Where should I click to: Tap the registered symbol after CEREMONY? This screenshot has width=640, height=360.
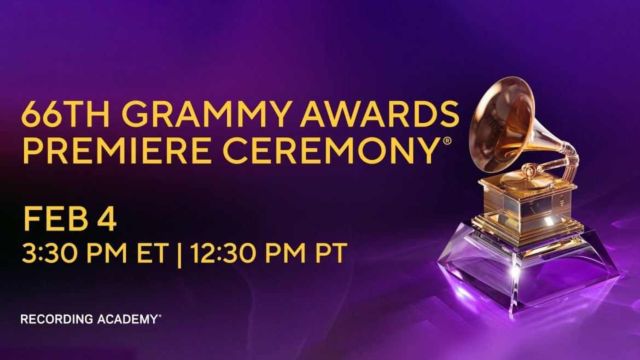[x=447, y=141]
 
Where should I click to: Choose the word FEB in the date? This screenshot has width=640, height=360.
[x=56, y=219]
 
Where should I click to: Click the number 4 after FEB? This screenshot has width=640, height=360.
[x=107, y=219]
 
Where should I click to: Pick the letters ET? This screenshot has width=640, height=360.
[x=152, y=253]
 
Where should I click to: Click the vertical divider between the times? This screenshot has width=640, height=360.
[x=179, y=254]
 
